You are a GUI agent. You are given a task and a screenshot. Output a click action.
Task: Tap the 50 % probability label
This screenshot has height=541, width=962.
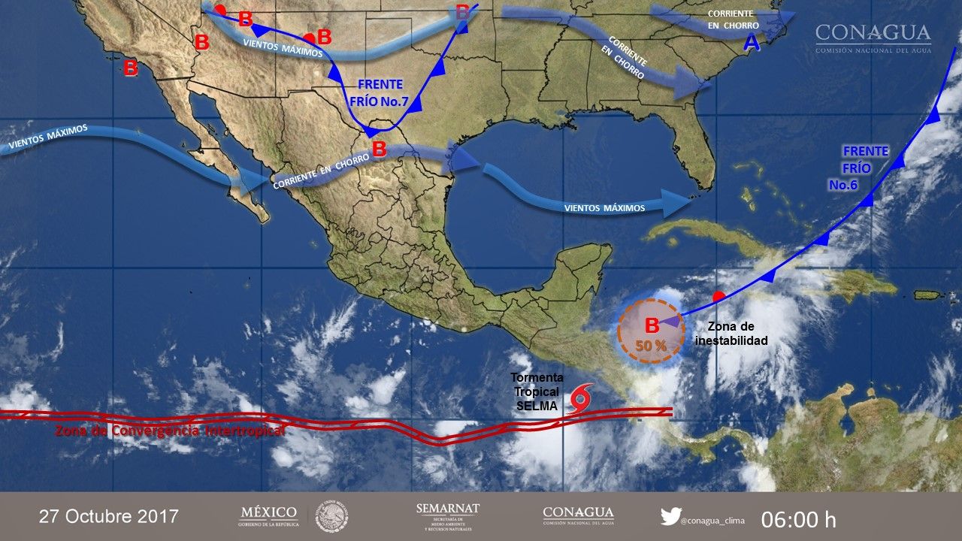coord(651,346)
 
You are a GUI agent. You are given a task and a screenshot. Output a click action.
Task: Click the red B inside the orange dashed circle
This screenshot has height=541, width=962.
coord(652,325)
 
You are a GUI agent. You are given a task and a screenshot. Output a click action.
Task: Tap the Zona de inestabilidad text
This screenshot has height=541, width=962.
coord(737,334)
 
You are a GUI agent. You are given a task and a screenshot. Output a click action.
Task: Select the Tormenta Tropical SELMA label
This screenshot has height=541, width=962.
coord(534,391)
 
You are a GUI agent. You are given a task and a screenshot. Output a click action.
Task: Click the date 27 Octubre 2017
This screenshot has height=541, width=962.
coord(109,516)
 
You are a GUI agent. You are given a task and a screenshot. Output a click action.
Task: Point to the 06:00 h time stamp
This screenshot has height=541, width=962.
coord(798,519)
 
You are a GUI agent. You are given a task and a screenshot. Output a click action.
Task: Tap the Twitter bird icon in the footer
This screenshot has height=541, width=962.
coord(670,516)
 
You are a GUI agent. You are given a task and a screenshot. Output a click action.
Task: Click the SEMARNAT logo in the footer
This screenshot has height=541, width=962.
coord(448,516)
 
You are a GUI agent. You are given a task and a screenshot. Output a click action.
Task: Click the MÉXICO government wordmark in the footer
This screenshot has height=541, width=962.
coord(268,515)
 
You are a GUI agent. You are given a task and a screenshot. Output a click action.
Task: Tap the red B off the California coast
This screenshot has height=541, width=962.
coord(131,68)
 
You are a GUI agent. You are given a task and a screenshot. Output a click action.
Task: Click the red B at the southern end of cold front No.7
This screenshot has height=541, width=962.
coord(379,149)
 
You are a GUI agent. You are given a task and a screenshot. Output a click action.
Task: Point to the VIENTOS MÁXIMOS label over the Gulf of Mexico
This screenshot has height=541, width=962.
coord(604,207)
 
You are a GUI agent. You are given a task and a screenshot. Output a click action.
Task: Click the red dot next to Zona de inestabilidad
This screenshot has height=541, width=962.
coord(718,295)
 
